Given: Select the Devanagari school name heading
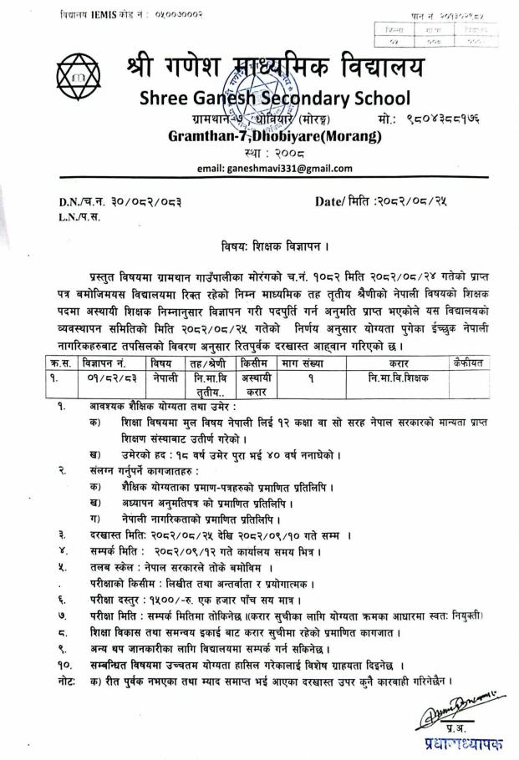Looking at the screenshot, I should coord(276,65).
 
